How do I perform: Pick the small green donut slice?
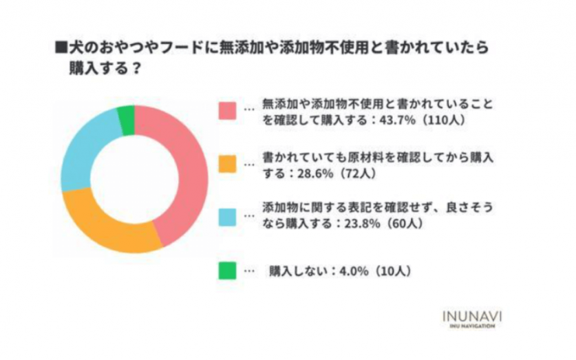pyautogui.click(x=127, y=120)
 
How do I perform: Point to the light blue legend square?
pyautogui.click(x=227, y=218)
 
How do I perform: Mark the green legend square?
pyautogui.click(x=227, y=271)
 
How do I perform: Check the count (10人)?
pyautogui.click(x=392, y=271)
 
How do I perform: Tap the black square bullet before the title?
pyautogui.click(x=60, y=48)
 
